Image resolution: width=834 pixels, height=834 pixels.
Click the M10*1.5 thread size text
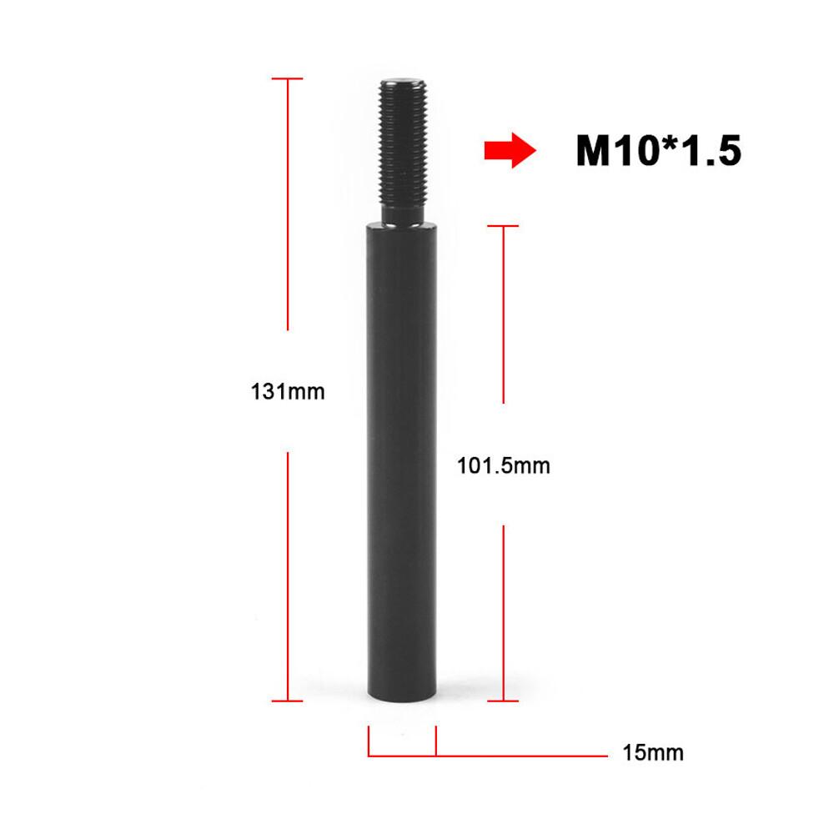(658, 152)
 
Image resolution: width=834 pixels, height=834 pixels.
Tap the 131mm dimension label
(288, 390)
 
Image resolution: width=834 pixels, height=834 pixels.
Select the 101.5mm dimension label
(504, 465)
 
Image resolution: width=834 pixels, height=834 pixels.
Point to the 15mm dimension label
(652, 753)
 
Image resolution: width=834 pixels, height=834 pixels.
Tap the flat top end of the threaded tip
(402, 83)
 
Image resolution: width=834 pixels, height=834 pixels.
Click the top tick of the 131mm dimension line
(288, 79)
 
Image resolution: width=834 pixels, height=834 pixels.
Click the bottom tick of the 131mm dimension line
(288, 701)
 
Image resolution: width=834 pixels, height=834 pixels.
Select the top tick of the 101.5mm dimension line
(503, 225)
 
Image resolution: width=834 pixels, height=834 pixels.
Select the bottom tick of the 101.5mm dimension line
(503, 701)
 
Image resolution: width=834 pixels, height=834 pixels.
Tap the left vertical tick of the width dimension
(369, 741)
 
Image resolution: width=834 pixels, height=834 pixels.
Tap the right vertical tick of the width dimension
(436, 741)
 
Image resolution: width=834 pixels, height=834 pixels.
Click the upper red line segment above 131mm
(288, 204)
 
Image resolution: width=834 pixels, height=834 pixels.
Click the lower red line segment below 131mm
(288, 575)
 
